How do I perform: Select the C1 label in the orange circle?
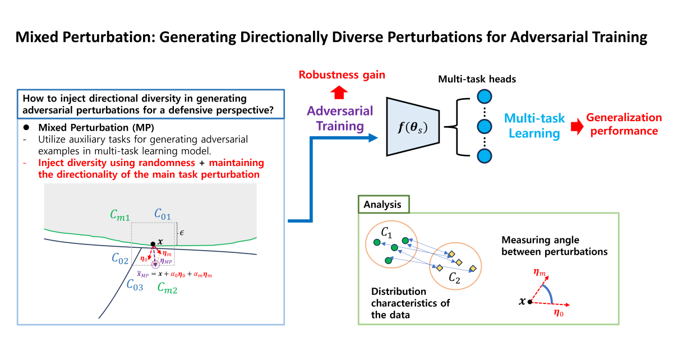386,232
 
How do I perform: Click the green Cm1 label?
120,215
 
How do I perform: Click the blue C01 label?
163,213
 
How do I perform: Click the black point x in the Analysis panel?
530,302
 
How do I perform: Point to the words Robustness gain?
342,75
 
